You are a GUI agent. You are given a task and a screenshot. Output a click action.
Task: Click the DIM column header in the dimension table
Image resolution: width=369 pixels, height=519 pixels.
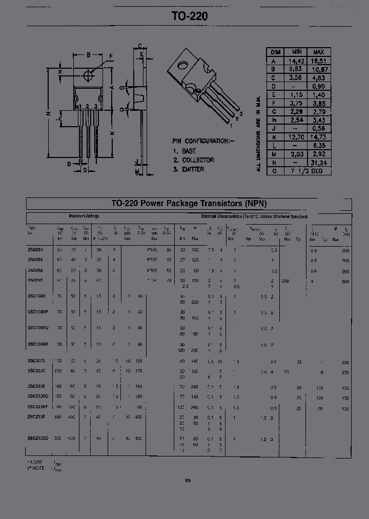pos(275,52)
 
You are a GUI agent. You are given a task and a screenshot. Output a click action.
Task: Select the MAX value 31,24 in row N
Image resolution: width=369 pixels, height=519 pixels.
pos(318,163)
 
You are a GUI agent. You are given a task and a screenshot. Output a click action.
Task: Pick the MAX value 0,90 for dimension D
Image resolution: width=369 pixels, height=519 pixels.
pos(318,86)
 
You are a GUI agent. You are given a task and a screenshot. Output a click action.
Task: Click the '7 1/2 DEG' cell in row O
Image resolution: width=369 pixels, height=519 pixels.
pos(307,171)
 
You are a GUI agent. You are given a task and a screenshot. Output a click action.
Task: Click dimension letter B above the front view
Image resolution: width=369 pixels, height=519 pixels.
pos(89,55)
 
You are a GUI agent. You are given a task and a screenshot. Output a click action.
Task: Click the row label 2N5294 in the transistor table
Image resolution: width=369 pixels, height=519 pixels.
pos(36,250)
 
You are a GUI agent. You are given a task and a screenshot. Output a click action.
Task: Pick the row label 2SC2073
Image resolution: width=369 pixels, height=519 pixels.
pos(37,361)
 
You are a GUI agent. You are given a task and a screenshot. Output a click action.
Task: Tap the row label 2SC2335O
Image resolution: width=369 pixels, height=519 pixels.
pos(38,438)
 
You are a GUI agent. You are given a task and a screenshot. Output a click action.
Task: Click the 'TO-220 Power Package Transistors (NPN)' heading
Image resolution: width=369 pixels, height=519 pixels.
pos(189,204)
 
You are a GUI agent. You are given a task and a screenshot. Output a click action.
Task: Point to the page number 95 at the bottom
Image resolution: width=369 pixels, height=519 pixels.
pos(188,481)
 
